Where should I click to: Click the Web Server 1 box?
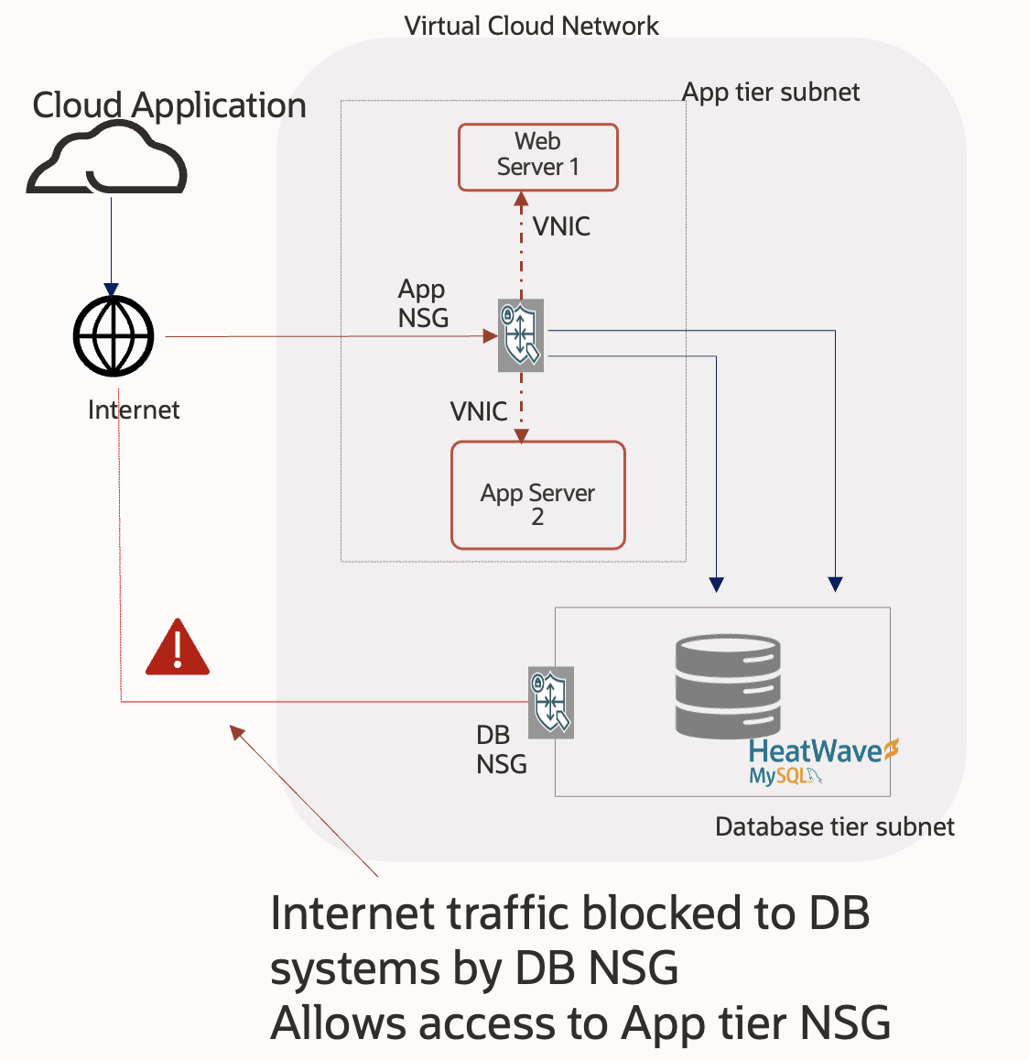pos(537,157)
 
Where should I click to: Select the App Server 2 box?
pos(537,496)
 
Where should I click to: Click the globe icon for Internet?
pos(114,336)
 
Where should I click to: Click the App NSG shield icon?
pos(520,335)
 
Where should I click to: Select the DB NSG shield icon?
pos(551,703)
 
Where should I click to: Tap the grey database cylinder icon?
pos(728,687)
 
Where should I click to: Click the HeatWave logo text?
pos(815,751)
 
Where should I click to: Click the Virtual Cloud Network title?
pos(531,26)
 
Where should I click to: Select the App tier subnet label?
pos(771,92)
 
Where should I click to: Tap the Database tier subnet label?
pos(834,826)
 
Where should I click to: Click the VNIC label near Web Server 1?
pos(561,226)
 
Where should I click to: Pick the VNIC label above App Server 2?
pos(478,411)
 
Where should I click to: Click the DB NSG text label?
pos(501,749)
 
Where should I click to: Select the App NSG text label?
pos(423,303)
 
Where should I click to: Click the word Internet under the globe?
pos(134,410)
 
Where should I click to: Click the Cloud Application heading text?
pos(169,105)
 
